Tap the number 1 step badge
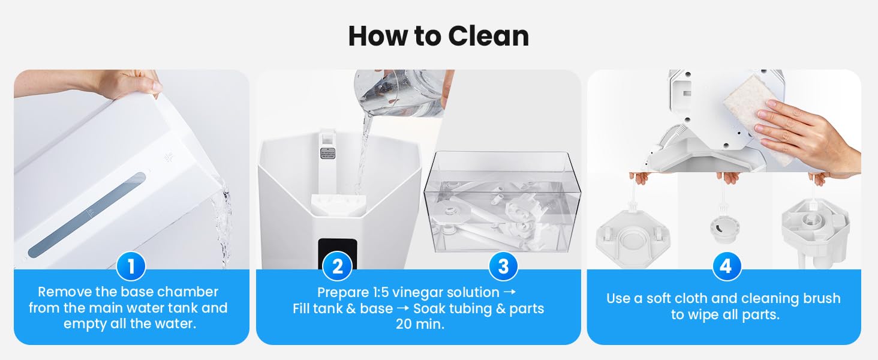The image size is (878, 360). click(131, 266)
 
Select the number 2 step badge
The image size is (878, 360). click(337, 266)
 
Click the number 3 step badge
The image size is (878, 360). click(503, 266)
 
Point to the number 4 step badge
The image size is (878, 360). click(726, 266)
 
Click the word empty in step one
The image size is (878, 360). click(82, 323)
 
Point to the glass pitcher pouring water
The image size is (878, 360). click(399, 93)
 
